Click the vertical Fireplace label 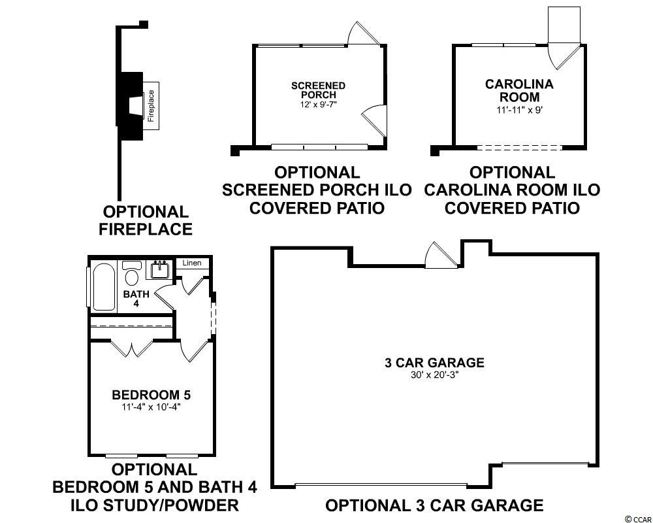[151, 106]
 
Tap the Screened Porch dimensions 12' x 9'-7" [318, 104]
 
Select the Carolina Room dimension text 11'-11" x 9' [519, 111]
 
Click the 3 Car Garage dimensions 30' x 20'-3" [434, 375]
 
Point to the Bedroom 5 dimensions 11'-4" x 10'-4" [151, 406]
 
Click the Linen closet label [191, 263]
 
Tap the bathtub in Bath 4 [104, 286]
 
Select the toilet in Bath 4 [133, 273]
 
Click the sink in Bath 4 [159, 270]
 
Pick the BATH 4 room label [136, 298]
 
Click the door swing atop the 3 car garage [441, 255]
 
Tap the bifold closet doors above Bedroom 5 [133, 348]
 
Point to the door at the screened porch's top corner [363, 34]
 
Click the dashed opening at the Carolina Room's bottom [519, 147]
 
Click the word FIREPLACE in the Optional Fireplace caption [146, 229]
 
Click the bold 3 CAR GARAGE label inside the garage [434, 362]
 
